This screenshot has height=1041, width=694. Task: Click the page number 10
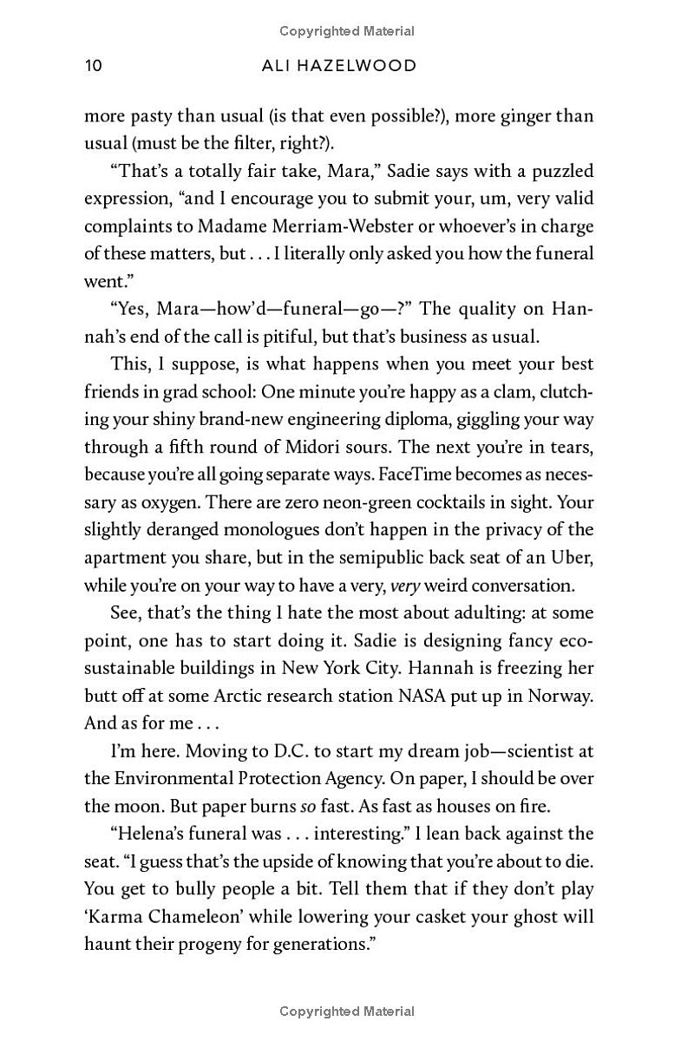click(94, 65)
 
